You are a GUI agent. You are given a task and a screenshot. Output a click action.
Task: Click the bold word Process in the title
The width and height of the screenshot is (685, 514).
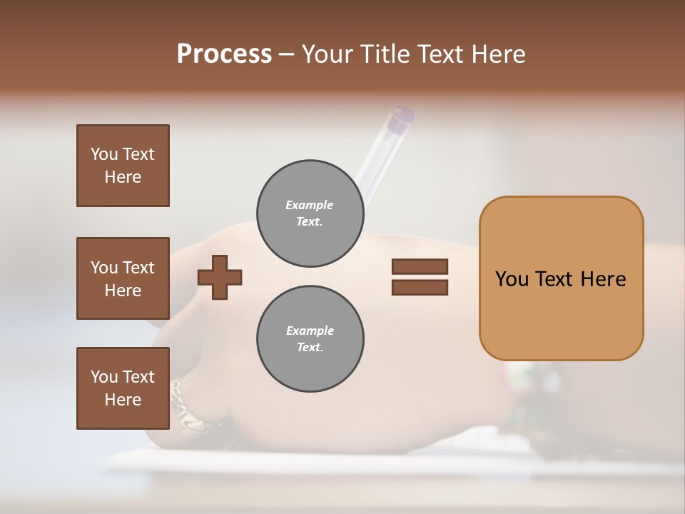coord(224,54)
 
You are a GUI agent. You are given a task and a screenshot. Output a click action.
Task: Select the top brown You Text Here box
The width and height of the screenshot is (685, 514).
coord(123,166)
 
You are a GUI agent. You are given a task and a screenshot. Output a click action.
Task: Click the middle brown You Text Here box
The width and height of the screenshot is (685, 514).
coord(123,278)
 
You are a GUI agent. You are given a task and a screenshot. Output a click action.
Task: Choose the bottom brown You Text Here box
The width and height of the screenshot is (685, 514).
coord(123,388)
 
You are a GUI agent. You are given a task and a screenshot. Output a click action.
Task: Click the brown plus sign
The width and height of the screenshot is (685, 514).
coord(220,277)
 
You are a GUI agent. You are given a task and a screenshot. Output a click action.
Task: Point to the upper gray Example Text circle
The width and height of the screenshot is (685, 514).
coord(310,213)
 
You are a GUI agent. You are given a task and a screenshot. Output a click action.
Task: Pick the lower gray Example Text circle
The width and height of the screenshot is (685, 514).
coord(310,339)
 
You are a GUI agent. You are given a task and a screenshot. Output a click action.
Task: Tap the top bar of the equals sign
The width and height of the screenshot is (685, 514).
coord(420,266)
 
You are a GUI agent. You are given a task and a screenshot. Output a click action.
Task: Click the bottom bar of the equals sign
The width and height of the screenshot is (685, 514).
coord(420,288)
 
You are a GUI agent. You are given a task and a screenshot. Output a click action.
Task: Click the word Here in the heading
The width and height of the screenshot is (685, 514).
coord(499,54)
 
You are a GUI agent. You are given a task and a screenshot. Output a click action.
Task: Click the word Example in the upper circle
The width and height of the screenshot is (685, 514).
coord(310,205)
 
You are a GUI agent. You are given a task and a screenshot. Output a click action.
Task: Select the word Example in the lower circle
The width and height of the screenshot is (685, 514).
coord(310,331)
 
